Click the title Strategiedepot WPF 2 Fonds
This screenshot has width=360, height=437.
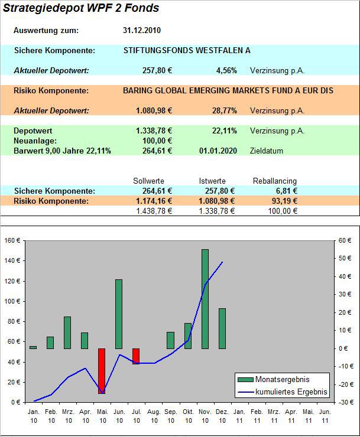(x=82, y=8)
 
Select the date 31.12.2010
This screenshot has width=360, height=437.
(x=142, y=31)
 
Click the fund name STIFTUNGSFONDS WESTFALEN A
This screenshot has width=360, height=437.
(x=187, y=51)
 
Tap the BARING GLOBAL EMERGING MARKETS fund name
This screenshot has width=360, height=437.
(x=228, y=91)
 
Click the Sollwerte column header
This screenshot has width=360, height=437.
(x=149, y=181)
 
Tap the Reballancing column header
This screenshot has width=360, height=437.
(x=275, y=181)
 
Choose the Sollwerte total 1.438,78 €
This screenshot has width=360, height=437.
(x=154, y=211)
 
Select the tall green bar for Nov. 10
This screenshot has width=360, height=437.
(x=205, y=299)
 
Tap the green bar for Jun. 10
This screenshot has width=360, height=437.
(x=119, y=314)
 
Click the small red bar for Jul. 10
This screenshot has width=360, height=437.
(x=136, y=356)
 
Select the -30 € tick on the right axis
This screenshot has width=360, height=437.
(x=346, y=402)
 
